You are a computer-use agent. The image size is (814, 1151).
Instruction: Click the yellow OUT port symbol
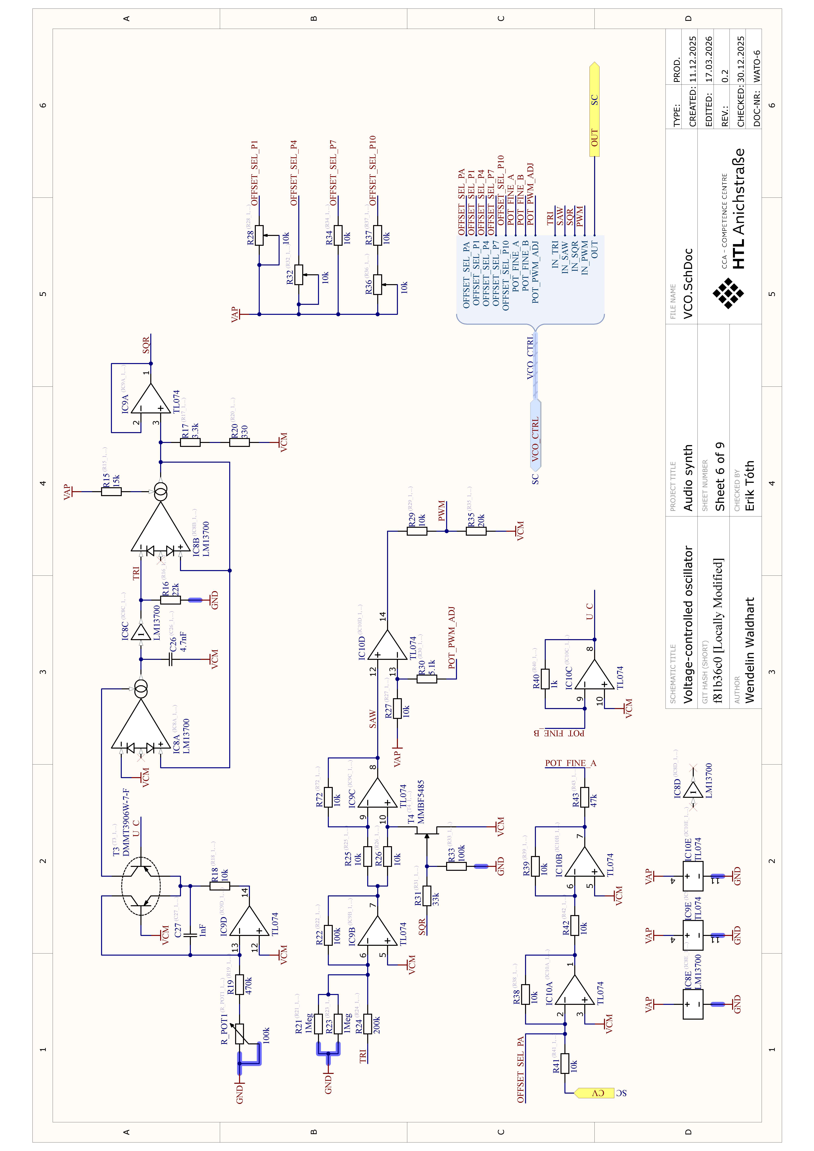[x=594, y=109]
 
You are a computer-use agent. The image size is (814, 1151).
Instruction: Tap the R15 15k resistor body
[x=111, y=492]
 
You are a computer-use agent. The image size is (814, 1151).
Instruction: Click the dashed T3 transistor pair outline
[x=141, y=886]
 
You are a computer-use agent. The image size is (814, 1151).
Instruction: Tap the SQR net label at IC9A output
[x=146, y=345]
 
